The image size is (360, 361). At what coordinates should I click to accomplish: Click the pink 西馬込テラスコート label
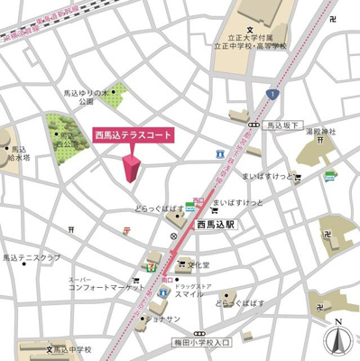(x=133, y=135)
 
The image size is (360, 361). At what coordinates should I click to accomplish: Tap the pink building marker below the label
(x=132, y=168)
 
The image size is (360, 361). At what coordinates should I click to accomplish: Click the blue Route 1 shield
(x=270, y=94)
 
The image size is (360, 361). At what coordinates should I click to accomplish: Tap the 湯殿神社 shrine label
(x=320, y=132)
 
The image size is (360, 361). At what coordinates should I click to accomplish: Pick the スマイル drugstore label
(x=189, y=294)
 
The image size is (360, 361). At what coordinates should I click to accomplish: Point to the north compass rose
(x=338, y=338)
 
